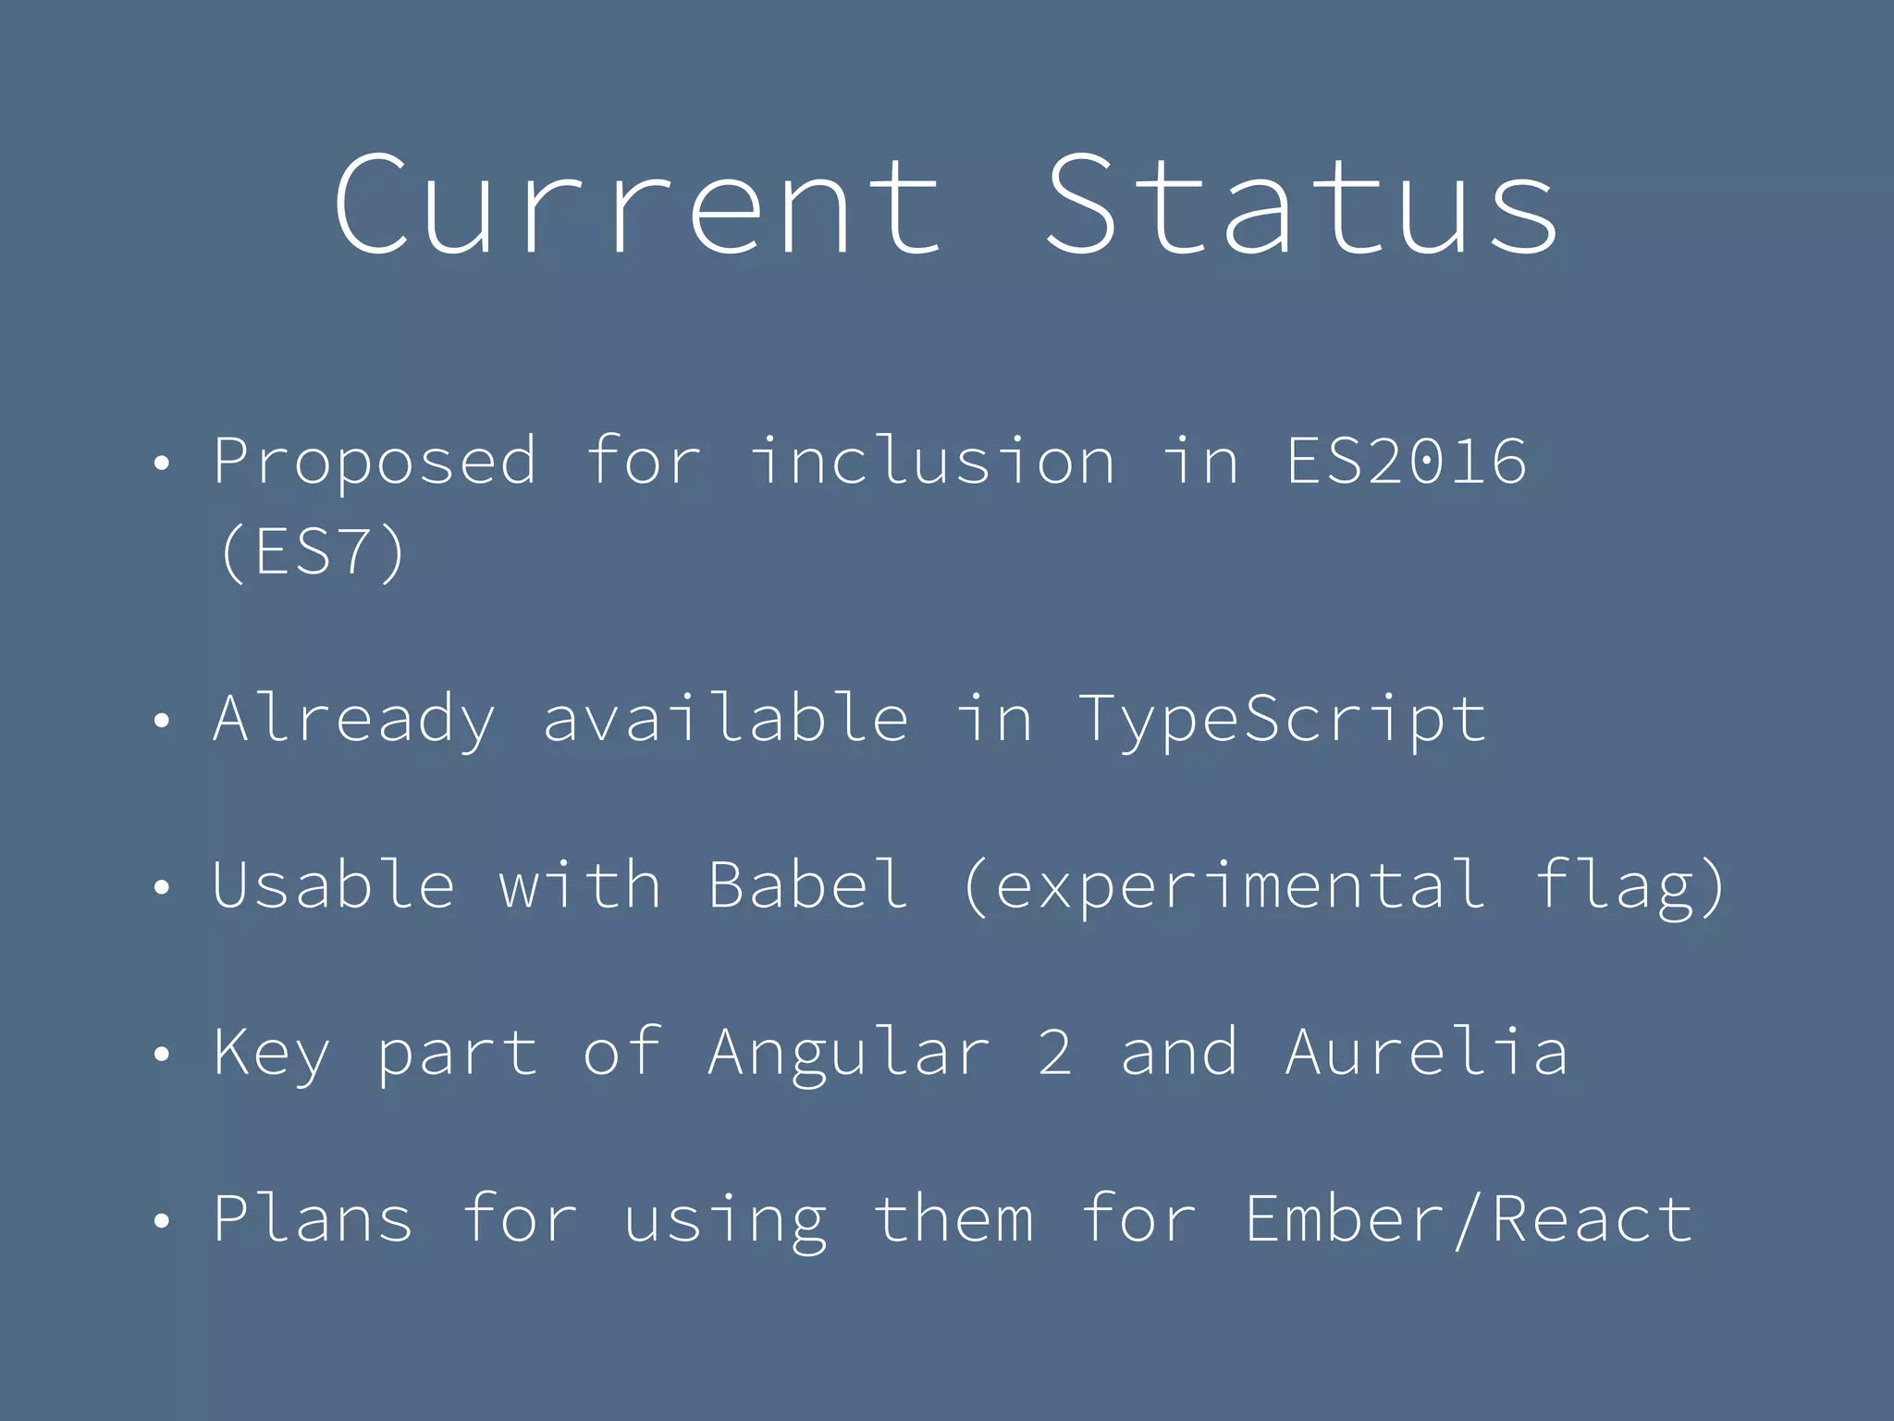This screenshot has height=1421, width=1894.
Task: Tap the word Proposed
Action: pyautogui.click(x=375, y=461)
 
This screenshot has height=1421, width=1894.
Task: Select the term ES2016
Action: pyautogui.click(x=1406, y=461)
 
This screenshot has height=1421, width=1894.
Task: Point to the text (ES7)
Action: pyautogui.click(x=313, y=552)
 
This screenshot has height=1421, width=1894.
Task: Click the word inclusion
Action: pyautogui.click(x=932, y=461)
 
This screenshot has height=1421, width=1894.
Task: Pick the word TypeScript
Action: pyautogui.click(x=1284, y=720)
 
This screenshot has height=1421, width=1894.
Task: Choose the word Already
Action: pyautogui.click(x=354, y=720)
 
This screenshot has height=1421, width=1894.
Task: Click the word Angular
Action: pyautogui.click(x=849, y=1053)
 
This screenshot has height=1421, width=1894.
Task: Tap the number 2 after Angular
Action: pyautogui.click(x=1055, y=1052)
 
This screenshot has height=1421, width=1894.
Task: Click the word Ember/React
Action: pyautogui.click(x=1469, y=1219)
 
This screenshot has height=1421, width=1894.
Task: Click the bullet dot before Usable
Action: pyautogui.click(x=162, y=887)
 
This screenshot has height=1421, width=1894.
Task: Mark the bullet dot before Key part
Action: pyautogui.click(x=162, y=1054)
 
